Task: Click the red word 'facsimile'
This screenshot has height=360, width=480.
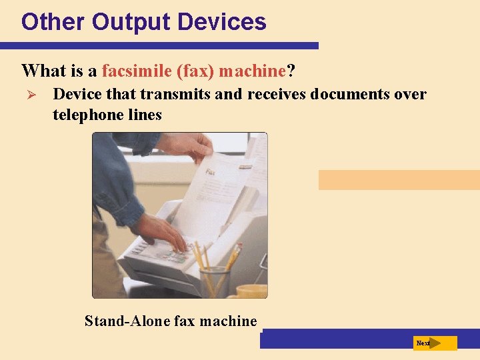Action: [x=135, y=71]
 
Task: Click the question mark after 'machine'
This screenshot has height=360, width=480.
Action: [x=291, y=71]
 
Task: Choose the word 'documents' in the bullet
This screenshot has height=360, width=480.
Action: [x=350, y=94]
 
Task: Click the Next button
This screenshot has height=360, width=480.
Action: [x=435, y=343]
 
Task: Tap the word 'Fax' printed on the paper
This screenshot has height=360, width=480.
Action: [x=211, y=172]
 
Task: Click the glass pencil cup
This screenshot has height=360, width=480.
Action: [x=214, y=281]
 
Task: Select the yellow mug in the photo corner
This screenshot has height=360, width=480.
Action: [x=252, y=291]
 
